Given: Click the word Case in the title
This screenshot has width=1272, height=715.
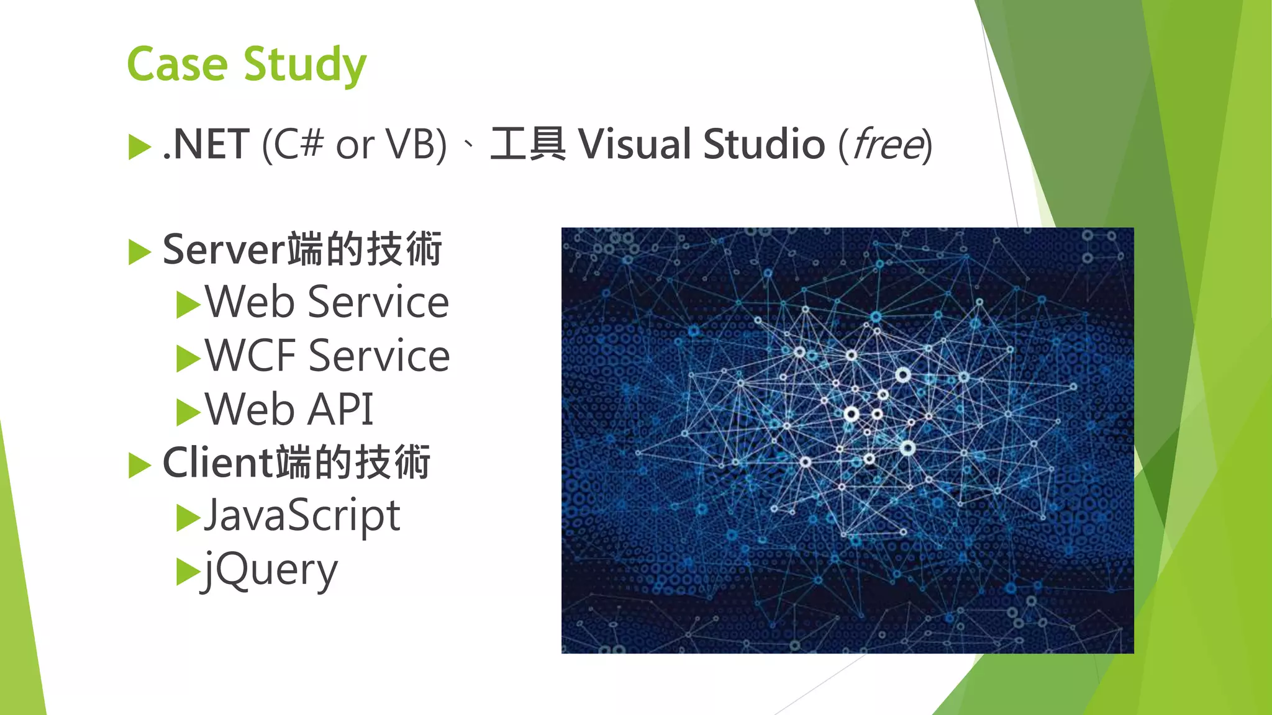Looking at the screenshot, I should point(178,64).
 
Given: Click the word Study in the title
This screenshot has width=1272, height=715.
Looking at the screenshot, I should point(305,65).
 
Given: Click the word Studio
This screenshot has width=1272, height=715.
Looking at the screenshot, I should point(765,144).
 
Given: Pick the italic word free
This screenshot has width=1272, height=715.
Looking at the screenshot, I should point(888,144).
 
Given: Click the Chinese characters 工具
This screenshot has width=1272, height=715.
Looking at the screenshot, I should point(528,144).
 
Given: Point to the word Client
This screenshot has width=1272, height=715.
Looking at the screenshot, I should point(217,463).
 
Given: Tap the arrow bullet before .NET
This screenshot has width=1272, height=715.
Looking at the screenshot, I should point(139,147).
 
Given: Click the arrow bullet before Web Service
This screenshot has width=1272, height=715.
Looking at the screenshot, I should point(188,305).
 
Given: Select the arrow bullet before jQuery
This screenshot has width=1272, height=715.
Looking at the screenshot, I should point(188,572).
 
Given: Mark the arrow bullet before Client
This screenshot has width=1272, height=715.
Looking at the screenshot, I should point(139,465).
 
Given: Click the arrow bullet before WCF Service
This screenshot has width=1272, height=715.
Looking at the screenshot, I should point(188,359).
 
